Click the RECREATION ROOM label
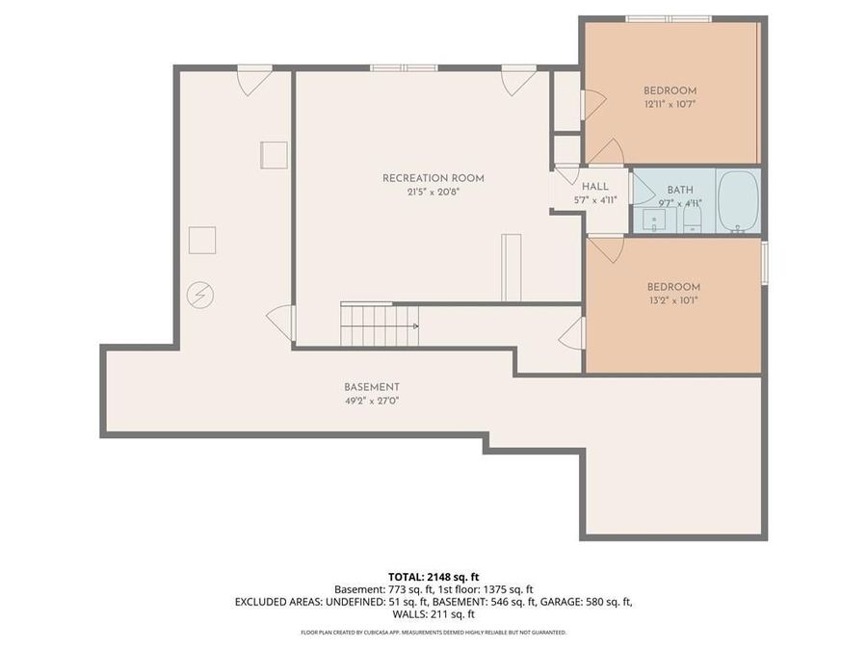pos(433,178)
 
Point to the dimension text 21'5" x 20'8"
pos(433,192)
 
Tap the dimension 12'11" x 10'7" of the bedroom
pos(670,103)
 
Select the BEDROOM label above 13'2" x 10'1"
pos(673,287)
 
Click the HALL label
pos(594,187)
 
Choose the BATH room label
pos(679,190)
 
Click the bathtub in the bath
pos(739,201)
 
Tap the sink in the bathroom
pos(654,221)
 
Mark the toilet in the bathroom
pos(692,221)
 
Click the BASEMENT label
pos(371,387)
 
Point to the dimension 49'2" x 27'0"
pos(371,401)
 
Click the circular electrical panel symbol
pos(200,295)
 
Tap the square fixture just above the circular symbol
pos(202,240)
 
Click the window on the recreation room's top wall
pos(404,67)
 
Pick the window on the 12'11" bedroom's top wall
pos(668,18)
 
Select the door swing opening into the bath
pos(640,187)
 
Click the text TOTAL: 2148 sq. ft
pos(433,575)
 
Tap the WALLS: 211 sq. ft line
pos(433,613)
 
